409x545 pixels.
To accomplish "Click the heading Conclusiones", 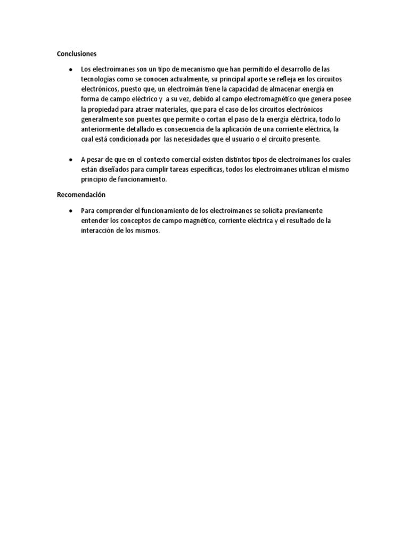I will pyautogui.click(x=77, y=54).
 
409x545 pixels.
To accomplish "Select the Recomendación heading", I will pyautogui.click(x=81, y=195).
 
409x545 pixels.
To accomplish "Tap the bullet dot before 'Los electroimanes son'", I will pyautogui.click(x=70, y=70).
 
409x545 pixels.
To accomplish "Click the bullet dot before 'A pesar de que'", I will pyautogui.click(x=70, y=160).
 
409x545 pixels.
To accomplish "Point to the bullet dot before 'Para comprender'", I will pyautogui.click(x=70, y=211).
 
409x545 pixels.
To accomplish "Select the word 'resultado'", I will pyautogui.click(x=297, y=221).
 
